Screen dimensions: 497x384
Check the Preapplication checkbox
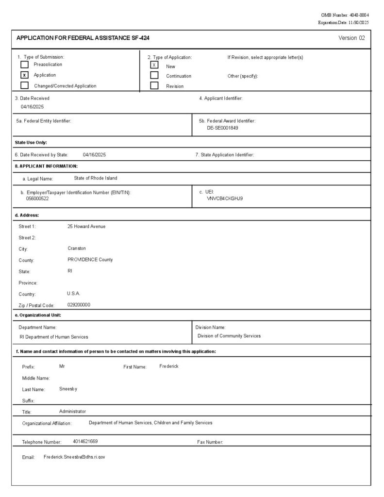(x=24, y=65)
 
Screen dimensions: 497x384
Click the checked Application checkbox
(x=24, y=75)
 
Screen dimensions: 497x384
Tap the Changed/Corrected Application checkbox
(x=24, y=85)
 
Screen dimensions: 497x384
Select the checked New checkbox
(x=154, y=65)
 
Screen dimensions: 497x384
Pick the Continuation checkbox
(x=154, y=75)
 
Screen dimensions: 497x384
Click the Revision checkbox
(x=154, y=86)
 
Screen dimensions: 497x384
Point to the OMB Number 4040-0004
(x=345, y=16)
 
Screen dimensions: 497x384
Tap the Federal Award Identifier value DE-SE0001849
(x=222, y=128)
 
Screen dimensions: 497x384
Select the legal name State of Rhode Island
(x=96, y=178)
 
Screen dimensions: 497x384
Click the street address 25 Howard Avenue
(x=86, y=227)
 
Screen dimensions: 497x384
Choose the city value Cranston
(x=77, y=248)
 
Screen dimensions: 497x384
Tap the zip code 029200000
(x=79, y=305)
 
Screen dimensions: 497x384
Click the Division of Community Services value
(x=229, y=336)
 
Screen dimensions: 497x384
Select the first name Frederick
(x=169, y=366)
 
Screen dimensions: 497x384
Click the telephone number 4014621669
(x=85, y=442)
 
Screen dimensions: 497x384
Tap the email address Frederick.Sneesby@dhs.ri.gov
(x=74, y=457)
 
